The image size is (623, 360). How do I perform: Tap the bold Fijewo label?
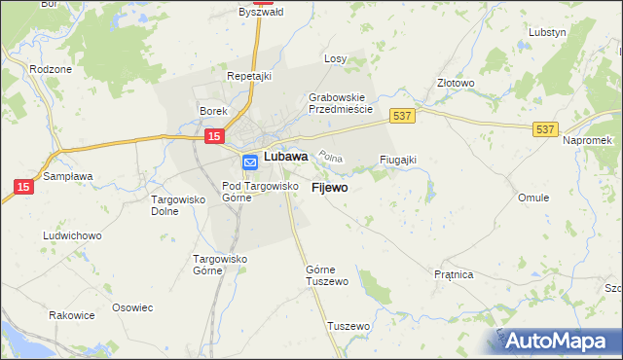(x=329, y=187)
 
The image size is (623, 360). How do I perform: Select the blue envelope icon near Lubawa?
(x=249, y=162)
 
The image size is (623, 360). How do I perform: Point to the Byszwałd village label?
(x=260, y=13)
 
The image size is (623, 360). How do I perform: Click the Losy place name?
(x=335, y=58)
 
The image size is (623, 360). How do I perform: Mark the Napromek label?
(x=587, y=140)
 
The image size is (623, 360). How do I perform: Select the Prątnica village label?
(x=454, y=274)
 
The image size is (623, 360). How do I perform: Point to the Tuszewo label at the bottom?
(x=349, y=326)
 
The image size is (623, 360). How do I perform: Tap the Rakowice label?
(x=72, y=316)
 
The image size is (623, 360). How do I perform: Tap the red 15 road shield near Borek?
(x=215, y=138)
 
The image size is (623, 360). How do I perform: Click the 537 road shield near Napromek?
(x=544, y=127)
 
